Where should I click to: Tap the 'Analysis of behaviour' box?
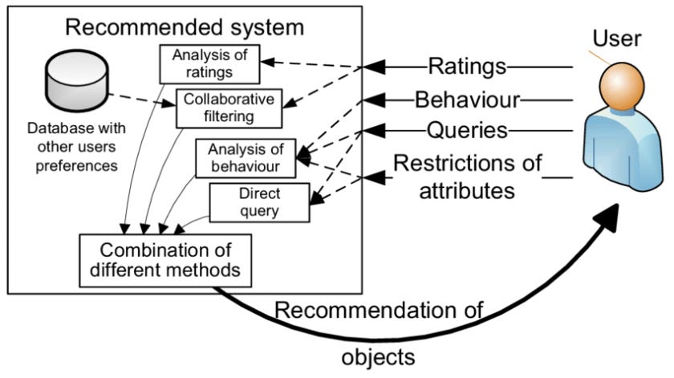(243, 158)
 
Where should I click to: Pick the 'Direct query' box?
(258, 203)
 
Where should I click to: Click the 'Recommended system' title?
(185, 27)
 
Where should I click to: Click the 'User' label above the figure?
(613, 38)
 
